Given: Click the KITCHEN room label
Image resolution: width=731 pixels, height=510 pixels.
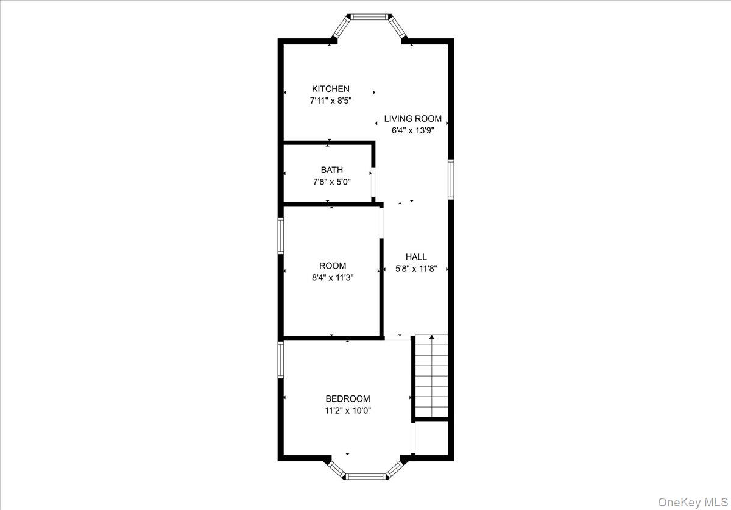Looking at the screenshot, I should [x=331, y=89].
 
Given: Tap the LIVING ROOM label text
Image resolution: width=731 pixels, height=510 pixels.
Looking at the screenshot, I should [x=412, y=119].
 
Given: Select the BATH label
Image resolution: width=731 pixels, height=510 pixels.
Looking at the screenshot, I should [x=332, y=170].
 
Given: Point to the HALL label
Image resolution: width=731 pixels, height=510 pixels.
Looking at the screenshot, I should [x=416, y=257].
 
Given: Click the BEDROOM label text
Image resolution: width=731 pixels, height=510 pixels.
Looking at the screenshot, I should [x=347, y=399].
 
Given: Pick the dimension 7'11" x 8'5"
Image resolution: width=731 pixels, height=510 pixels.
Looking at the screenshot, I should [x=331, y=101].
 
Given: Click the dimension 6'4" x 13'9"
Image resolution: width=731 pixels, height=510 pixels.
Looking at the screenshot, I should [x=412, y=130].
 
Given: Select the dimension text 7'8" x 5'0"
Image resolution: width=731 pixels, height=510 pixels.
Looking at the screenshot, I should [x=332, y=182].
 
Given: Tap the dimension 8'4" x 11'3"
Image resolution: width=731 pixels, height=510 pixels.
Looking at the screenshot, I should [x=333, y=277].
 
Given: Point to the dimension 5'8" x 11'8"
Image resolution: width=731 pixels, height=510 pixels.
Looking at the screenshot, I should [x=416, y=269].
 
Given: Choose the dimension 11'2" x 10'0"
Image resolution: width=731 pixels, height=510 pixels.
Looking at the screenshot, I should [x=347, y=411].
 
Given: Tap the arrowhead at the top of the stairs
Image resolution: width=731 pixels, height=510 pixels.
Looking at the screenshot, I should [x=432, y=336].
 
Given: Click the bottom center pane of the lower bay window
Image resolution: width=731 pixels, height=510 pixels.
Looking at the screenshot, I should [x=365, y=475].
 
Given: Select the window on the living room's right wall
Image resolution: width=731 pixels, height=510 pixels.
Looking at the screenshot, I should [x=451, y=179].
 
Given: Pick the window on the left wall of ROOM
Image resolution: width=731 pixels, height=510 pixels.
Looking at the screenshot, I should [x=281, y=236].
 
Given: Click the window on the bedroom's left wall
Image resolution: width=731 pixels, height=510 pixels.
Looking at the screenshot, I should [x=281, y=359].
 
